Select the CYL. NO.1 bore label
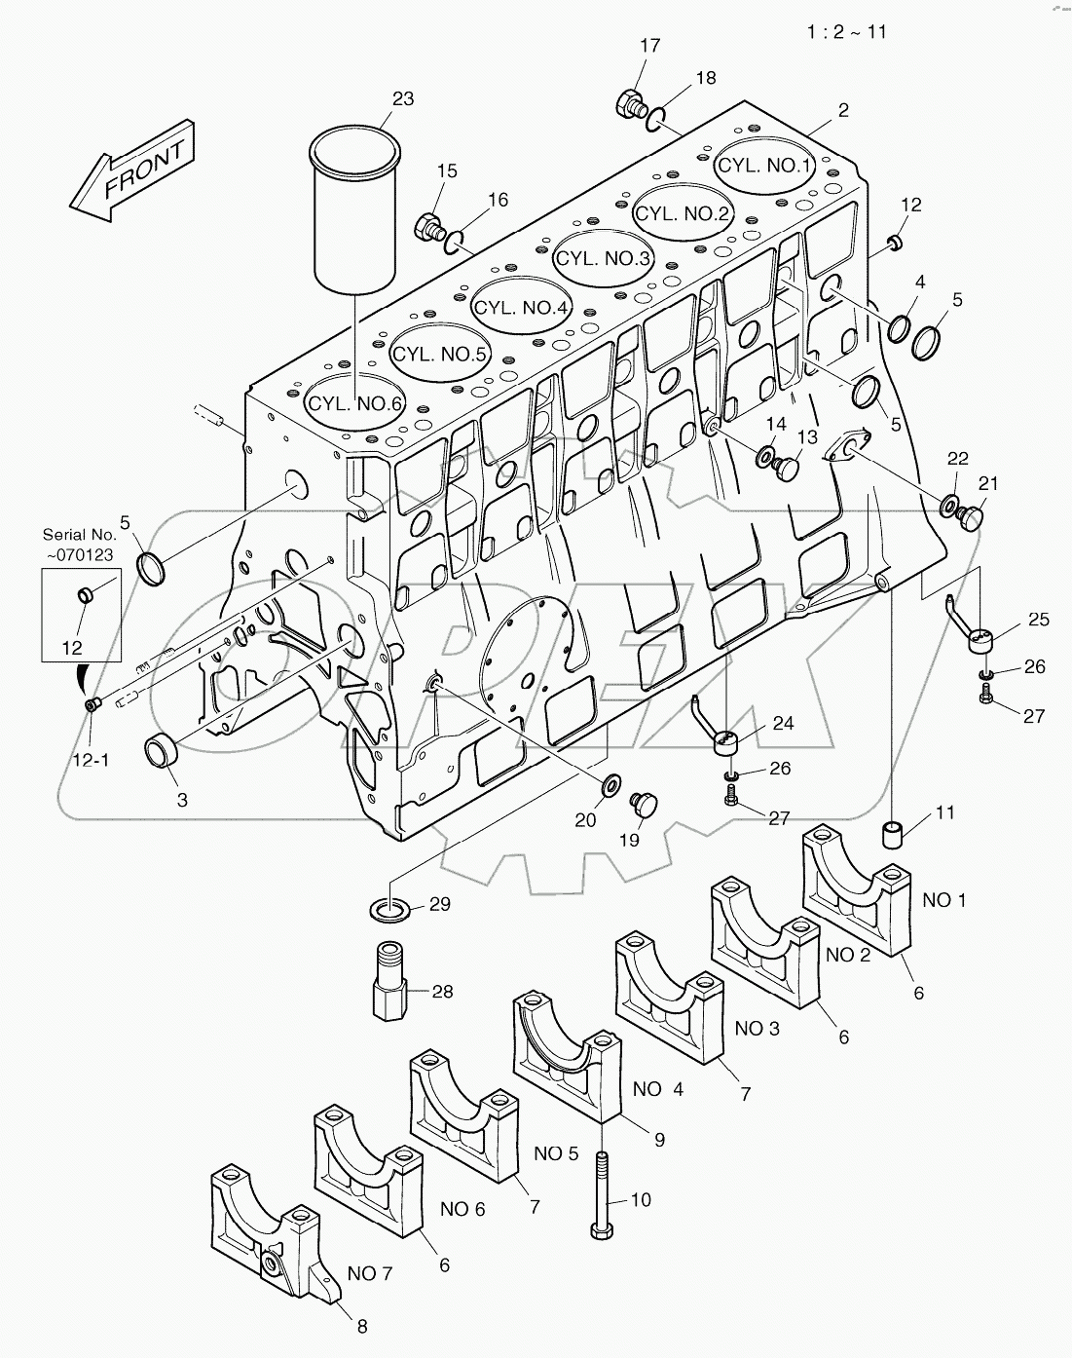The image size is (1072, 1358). [763, 166]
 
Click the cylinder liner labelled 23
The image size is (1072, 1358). [355, 209]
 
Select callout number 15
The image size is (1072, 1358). [446, 171]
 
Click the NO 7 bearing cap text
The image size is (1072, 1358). [370, 1273]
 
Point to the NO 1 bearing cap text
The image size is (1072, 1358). [943, 900]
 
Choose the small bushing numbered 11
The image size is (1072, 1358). [895, 834]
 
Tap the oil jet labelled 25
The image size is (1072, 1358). [981, 638]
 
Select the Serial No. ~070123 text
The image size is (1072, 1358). [79, 544]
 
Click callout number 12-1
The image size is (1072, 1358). [92, 732]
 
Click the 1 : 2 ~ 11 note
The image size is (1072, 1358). [846, 31]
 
